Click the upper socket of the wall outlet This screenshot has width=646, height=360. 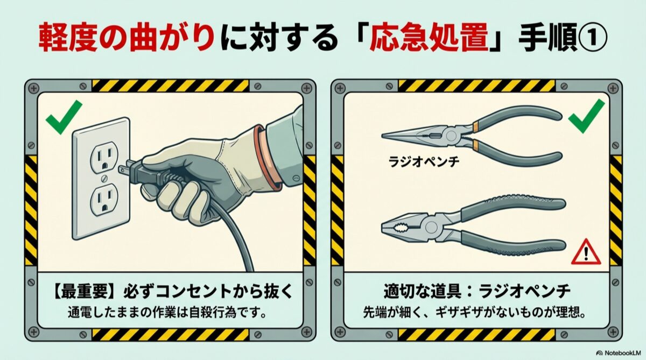[x=104, y=158]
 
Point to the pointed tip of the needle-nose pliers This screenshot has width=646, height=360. [x=383, y=136]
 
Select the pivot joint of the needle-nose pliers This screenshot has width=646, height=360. [x=451, y=135]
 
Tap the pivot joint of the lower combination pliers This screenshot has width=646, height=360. [x=431, y=227]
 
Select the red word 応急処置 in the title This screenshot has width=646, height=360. [x=428, y=38]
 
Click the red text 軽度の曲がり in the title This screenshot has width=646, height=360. [x=127, y=38]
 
